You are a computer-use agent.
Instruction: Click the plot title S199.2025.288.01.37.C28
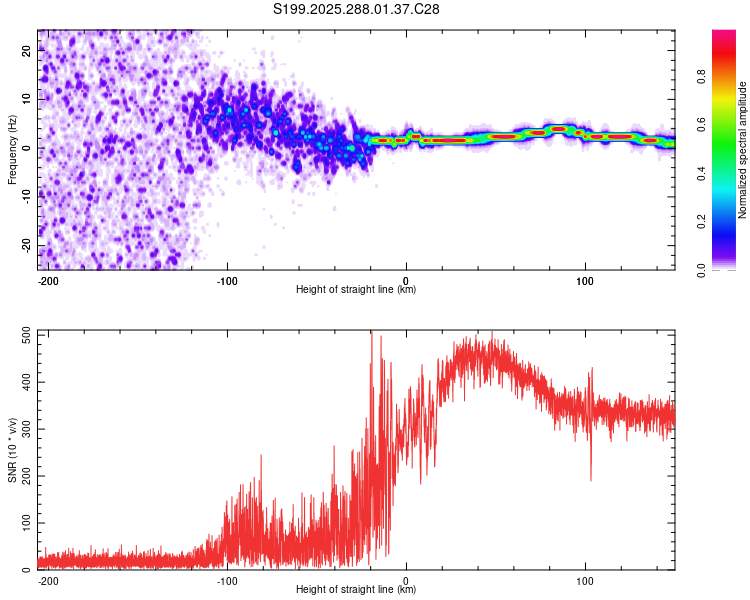357,9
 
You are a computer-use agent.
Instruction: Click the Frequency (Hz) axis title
12,150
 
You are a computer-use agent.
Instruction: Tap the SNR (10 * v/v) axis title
12,450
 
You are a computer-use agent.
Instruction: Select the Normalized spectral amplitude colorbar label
742,150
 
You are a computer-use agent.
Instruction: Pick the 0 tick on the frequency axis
31,148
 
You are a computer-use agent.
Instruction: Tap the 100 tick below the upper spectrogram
585,280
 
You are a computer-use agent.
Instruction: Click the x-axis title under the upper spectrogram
356,290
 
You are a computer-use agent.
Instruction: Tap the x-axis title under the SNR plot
356,590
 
